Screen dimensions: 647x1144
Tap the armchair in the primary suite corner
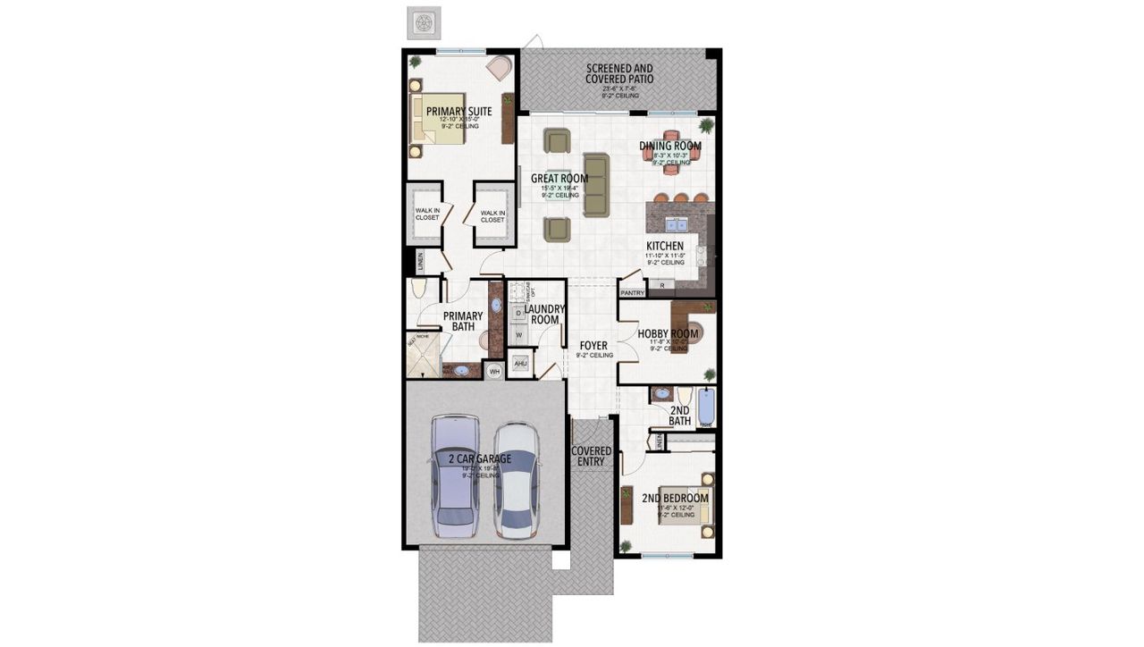coord(499,68)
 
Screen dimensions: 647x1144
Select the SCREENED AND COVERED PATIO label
coord(619,73)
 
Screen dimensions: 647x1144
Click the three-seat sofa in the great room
coord(595,184)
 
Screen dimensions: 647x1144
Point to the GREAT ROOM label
coord(559,179)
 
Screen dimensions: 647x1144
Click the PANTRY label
coord(632,292)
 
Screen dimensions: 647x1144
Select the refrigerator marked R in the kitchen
coord(661,285)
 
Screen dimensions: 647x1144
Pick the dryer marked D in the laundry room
coord(518,313)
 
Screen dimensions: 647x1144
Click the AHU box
coord(520,364)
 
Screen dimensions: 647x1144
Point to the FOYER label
coord(593,345)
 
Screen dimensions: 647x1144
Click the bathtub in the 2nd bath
coord(706,407)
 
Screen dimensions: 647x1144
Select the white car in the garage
coord(516,480)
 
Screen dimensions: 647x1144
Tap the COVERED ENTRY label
coord(591,456)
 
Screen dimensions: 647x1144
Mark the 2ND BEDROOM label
coord(675,499)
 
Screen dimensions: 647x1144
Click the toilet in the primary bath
coord(418,288)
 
